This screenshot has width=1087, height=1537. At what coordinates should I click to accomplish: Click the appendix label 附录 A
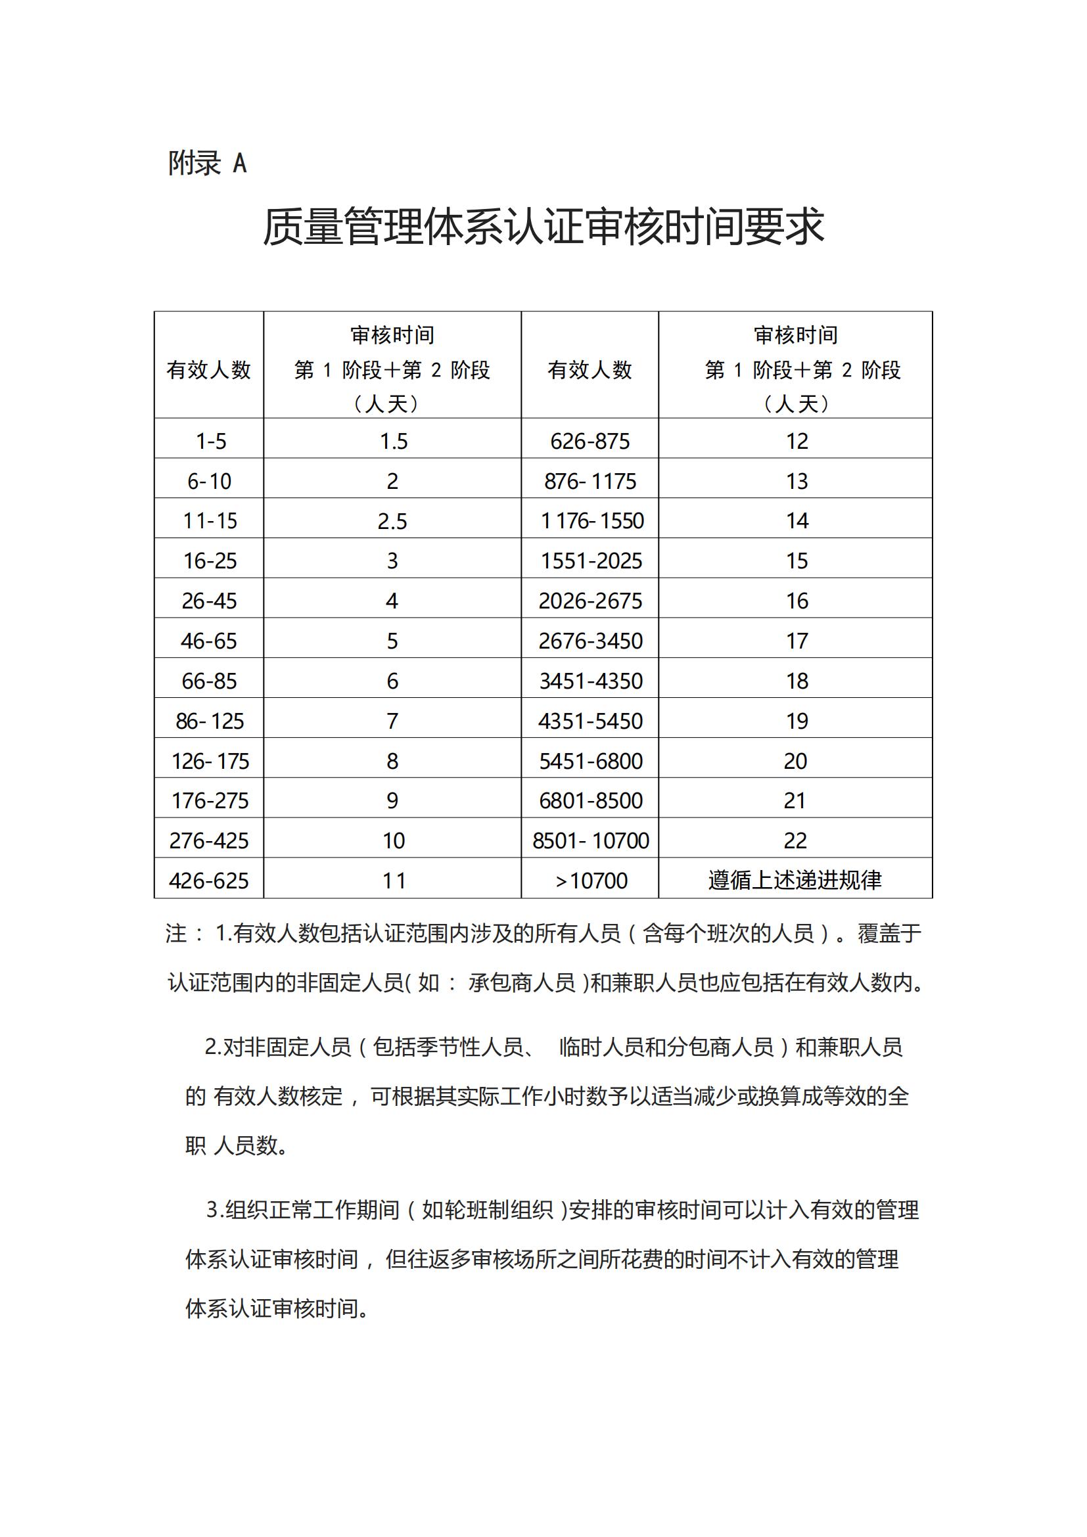(x=208, y=163)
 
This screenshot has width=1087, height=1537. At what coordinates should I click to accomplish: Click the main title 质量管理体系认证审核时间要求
(x=543, y=227)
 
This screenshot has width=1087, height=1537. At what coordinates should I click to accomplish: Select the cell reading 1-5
(x=210, y=441)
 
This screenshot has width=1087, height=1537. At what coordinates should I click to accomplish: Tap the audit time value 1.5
(x=393, y=441)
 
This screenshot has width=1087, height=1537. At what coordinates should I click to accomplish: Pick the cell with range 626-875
(x=590, y=441)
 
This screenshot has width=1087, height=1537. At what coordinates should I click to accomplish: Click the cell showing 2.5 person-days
(x=392, y=522)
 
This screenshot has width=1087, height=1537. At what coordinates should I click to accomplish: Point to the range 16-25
(x=210, y=561)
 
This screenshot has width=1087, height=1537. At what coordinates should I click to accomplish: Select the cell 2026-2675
(x=590, y=601)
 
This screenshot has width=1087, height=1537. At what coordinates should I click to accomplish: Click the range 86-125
(x=210, y=721)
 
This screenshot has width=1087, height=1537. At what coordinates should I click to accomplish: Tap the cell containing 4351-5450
(x=590, y=721)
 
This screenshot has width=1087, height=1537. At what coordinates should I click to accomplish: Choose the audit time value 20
(x=795, y=761)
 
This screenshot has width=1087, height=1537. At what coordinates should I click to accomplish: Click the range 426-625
(x=209, y=881)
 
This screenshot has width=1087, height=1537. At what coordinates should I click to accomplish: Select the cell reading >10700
(x=591, y=881)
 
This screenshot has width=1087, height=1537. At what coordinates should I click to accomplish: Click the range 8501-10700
(x=590, y=840)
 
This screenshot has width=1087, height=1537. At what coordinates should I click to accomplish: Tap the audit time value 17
(x=797, y=641)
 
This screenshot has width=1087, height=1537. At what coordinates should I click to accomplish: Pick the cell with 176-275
(x=210, y=800)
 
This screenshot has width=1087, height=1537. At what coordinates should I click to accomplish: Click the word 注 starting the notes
(x=176, y=933)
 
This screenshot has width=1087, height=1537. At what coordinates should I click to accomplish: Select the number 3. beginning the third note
(x=214, y=1210)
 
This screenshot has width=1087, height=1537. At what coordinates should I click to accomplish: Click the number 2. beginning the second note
(x=213, y=1047)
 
